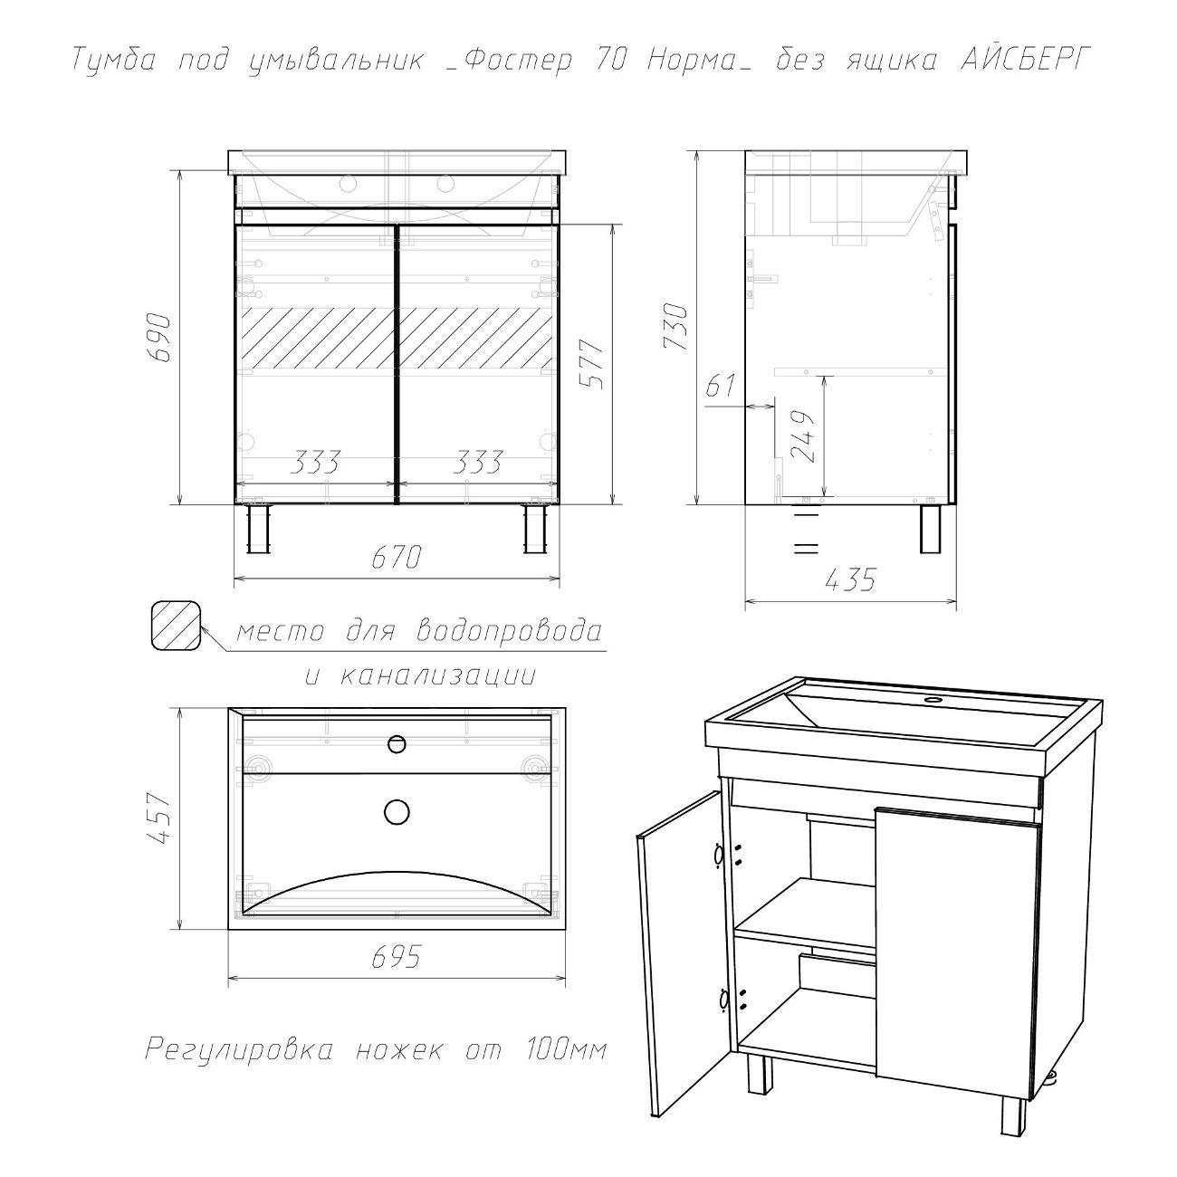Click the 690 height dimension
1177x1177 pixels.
point(158,338)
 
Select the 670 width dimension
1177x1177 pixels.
point(397,557)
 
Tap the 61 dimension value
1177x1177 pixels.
point(722,386)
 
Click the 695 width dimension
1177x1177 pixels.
point(397,958)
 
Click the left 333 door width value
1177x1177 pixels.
point(315,463)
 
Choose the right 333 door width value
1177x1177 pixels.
point(478,463)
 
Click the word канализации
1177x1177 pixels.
point(436,676)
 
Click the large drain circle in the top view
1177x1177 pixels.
point(397,811)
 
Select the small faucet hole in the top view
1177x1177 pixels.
point(397,743)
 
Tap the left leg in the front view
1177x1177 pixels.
point(258,528)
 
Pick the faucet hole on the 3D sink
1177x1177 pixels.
point(933,699)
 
